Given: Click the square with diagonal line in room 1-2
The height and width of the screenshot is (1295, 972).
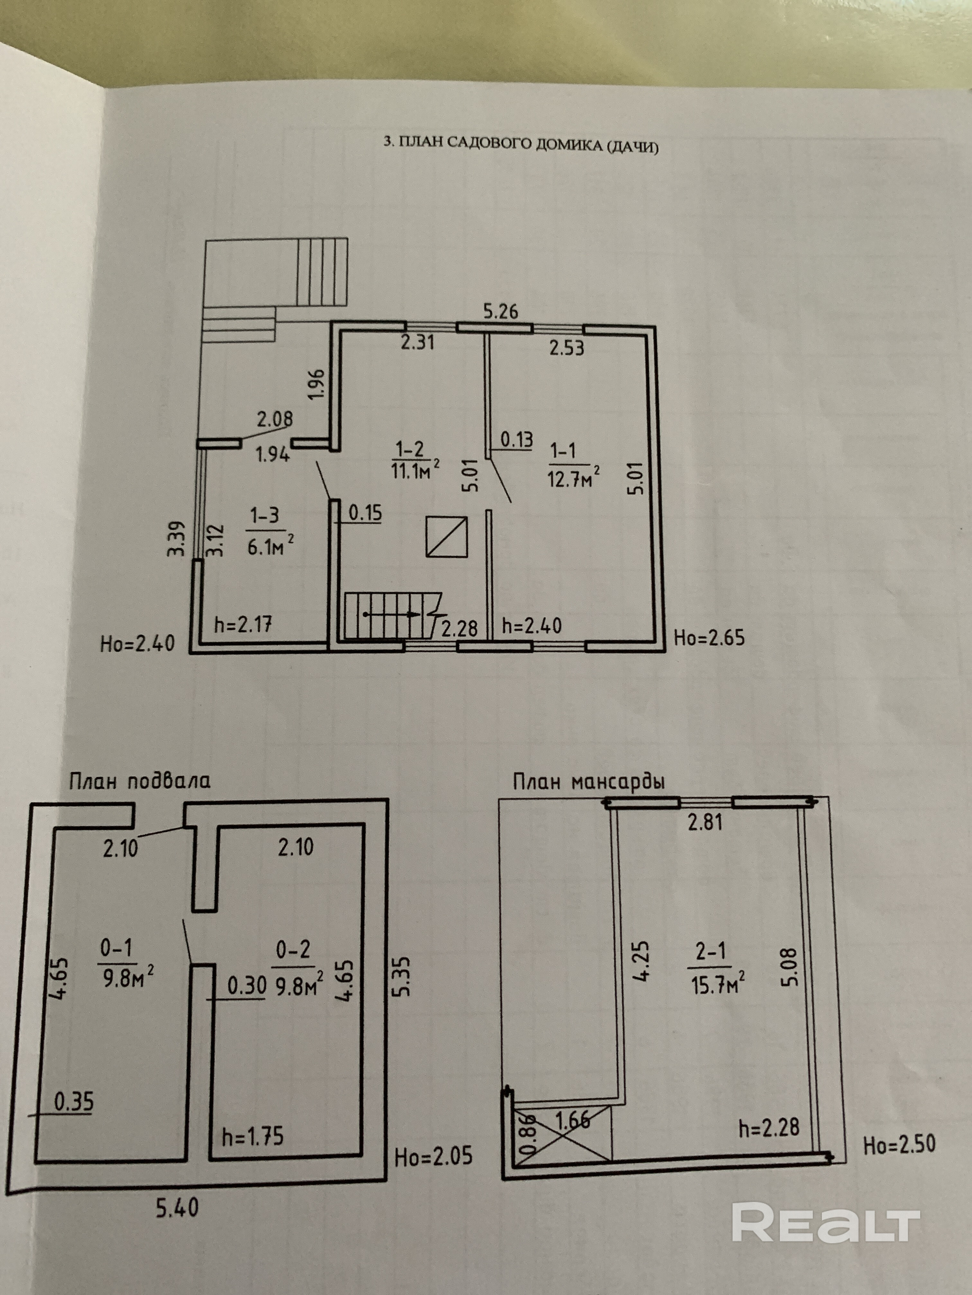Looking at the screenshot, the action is (446, 536).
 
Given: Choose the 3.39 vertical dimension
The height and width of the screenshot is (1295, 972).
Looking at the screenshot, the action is (179, 539).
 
